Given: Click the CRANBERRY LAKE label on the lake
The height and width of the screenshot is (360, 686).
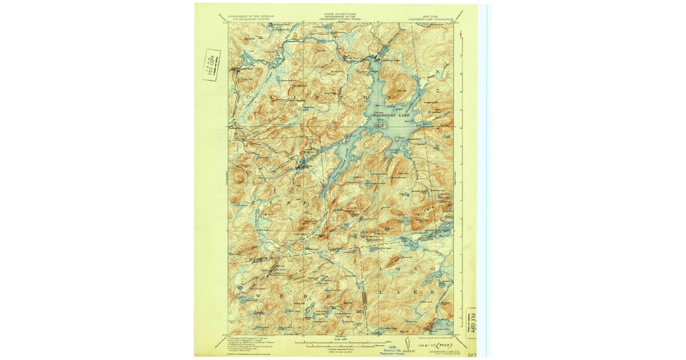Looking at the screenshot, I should tap(390, 115).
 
